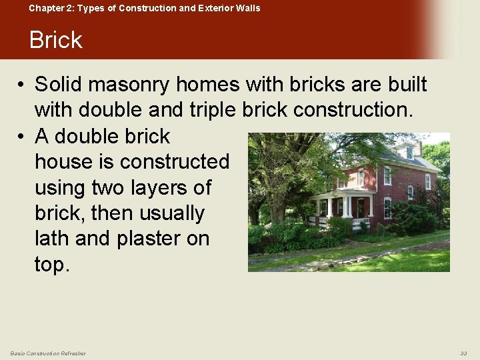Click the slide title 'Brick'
click(55, 40)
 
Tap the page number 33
click(463, 353)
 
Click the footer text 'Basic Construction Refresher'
click(48, 353)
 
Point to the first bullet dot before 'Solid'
click(22, 85)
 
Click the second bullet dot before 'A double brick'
click(22, 137)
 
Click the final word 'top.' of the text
click(52, 264)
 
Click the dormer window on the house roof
click(409, 151)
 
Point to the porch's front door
click(361, 207)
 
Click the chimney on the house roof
click(419, 146)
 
